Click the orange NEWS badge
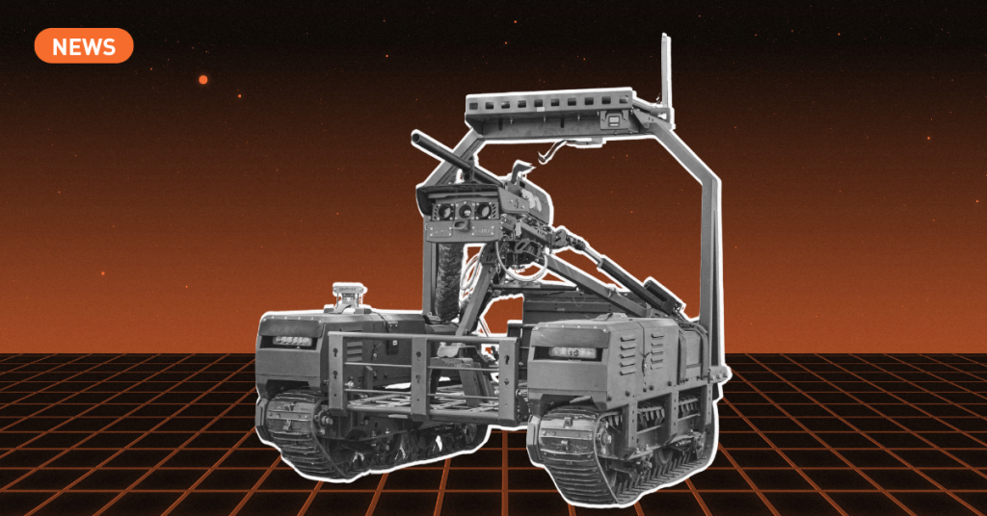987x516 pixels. tap(84, 46)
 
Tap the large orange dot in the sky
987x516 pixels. tap(203, 80)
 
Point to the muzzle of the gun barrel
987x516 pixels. tap(416, 137)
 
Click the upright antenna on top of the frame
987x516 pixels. tap(665, 69)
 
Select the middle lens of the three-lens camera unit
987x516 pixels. tap(465, 211)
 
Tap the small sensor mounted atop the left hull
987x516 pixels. tap(348, 295)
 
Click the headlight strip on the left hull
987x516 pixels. tap(291, 342)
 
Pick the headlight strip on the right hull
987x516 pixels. tap(573, 352)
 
